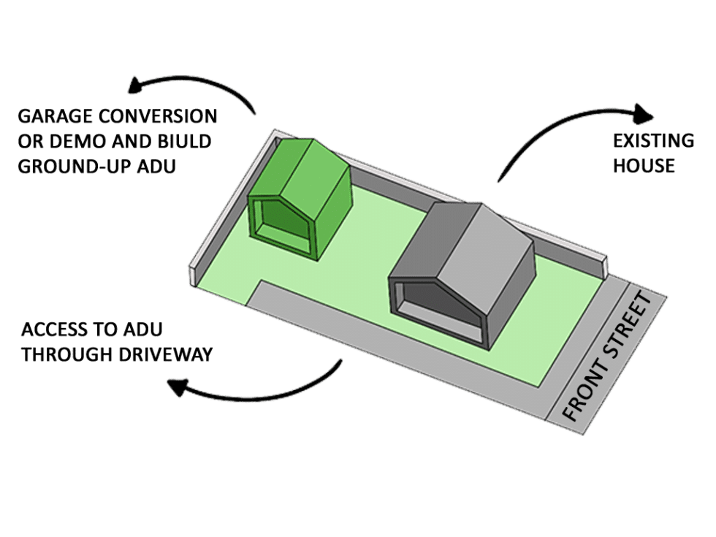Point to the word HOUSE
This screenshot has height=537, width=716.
pyautogui.click(x=643, y=166)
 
